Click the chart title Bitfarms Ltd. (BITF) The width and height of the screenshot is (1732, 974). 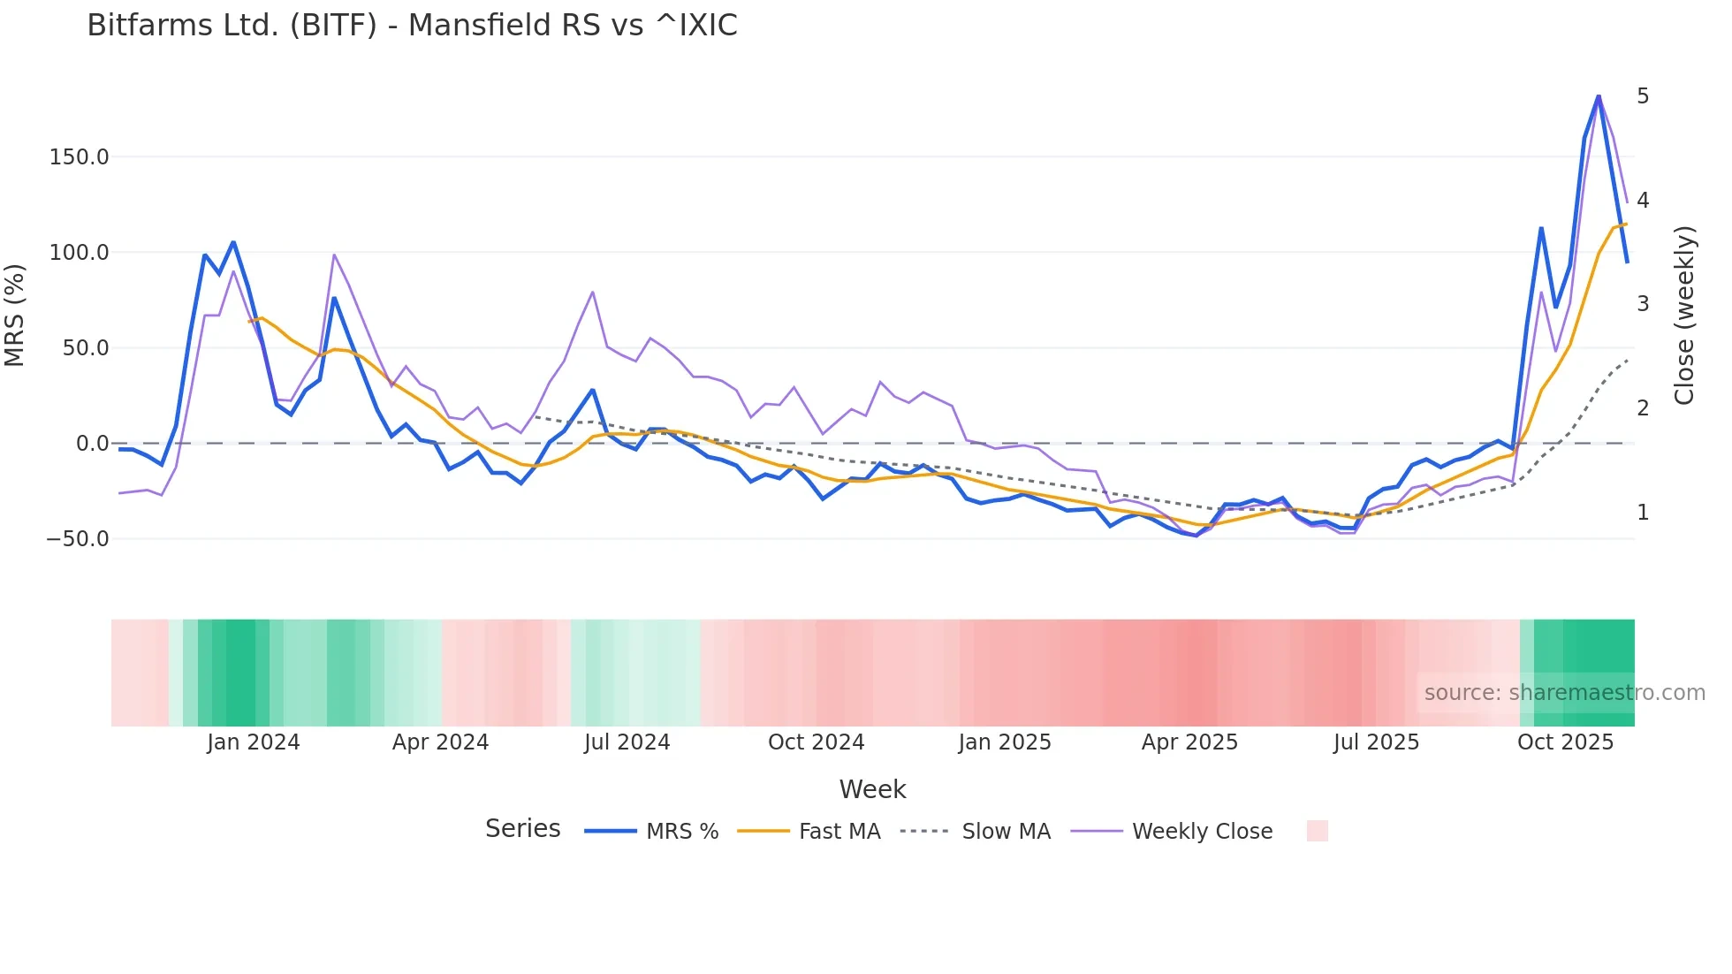coord(412,26)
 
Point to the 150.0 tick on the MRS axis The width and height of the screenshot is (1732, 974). coord(80,157)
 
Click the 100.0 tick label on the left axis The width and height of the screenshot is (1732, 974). coord(80,253)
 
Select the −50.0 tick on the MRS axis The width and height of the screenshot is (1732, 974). coord(78,539)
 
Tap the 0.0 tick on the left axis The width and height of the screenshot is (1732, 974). coord(93,444)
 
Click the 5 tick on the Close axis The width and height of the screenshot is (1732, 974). coord(1643,95)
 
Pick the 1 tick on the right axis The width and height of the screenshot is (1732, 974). coord(1643,513)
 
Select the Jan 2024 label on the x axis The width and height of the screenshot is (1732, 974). coord(254,742)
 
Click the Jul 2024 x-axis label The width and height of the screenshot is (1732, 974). coord(627,742)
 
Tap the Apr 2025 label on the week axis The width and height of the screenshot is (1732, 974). coord(1189,742)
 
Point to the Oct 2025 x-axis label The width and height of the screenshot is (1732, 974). coord(1565,742)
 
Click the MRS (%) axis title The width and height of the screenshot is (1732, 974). coord(15,315)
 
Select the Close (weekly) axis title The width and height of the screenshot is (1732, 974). coord(1685,316)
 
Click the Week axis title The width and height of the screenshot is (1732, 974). coord(872,789)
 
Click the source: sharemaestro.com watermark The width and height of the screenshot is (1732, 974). coord(1564,693)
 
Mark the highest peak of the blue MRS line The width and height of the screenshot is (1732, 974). coord(1599,95)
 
